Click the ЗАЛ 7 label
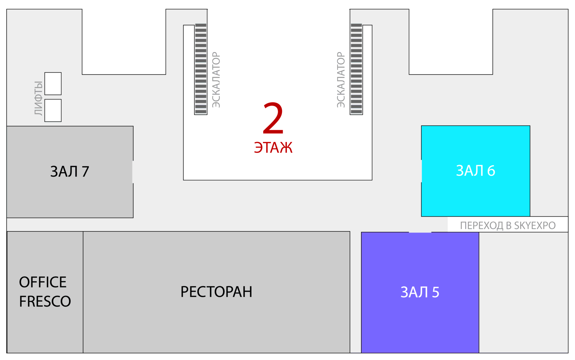pyautogui.click(x=70, y=171)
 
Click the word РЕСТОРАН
pyautogui.click(x=216, y=292)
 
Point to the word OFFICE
pyautogui.click(x=43, y=282)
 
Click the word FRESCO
pyautogui.click(x=45, y=301)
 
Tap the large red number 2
pyautogui.click(x=273, y=118)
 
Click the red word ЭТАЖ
pyautogui.click(x=273, y=147)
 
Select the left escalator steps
pyautogui.click(x=201, y=68)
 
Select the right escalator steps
pyautogui.click(x=356, y=68)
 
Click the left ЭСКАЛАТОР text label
pyautogui.click(x=216, y=80)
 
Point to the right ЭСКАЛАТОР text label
pyautogui.click(x=341, y=80)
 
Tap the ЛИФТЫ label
pyautogui.click(x=38, y=98)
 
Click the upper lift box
pyautogui.click(x=53, y=83)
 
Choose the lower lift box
pyautogui.click(x=53, y=110)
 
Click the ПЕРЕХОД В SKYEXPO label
pyautogui.click(x=508, y=226)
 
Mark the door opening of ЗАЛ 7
pyautogui.click(x=133, y=172)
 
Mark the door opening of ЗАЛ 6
pyautogui.click(x=421, y=171)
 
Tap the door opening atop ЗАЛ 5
pyautogui.click(x=420, y=232)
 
